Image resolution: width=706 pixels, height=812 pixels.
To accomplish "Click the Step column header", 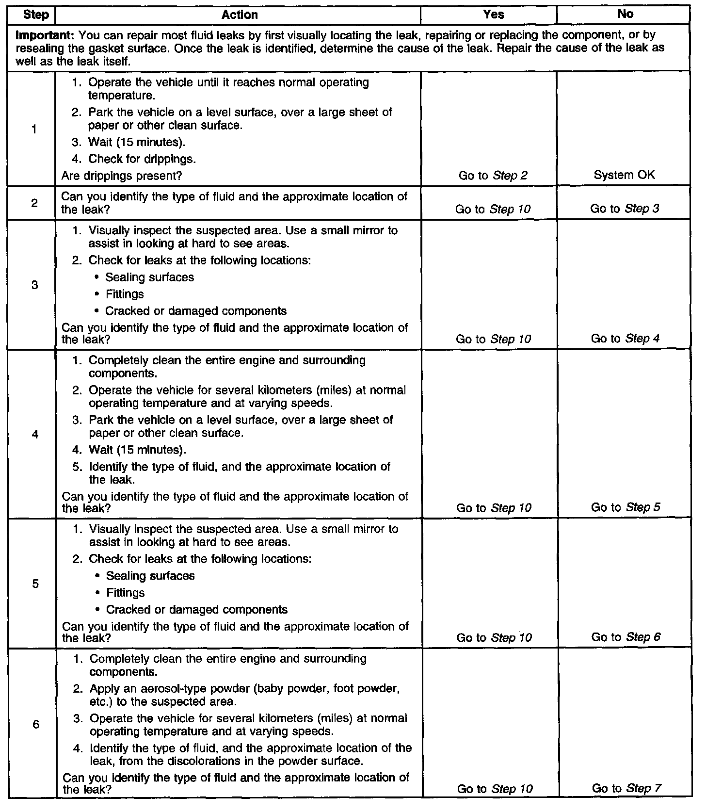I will click(x=36, y=15).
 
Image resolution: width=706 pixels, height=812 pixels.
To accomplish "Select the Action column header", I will click(x=240, y=15).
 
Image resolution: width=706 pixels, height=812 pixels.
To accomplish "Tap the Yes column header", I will click(x=493, y=15).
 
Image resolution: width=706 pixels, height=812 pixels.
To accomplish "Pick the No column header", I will click(x=625, y=14).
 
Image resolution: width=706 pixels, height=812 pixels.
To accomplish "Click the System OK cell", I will click(x=624, y=175).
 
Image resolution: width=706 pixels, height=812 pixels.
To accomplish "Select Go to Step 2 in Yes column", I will click(x=493, y=176).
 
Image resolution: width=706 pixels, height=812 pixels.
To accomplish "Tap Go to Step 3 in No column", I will click(x=625, y=209).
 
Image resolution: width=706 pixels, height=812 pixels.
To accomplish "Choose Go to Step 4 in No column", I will click(x=625, y=339).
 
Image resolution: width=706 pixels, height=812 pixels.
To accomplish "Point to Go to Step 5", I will click(x=626, y=507).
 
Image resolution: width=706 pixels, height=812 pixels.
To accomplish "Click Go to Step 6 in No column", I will click(x=626, y=637).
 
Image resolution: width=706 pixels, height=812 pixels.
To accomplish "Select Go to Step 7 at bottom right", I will click(x=626, y=789).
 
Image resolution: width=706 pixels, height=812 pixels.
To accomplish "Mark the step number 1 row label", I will click(x=34, y=130).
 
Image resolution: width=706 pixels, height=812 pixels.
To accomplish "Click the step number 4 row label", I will click(x=35, y=434).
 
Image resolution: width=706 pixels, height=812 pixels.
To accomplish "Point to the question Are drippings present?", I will click(x=122, y=176).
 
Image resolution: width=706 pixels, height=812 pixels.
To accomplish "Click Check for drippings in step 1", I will click(x=142, y=159).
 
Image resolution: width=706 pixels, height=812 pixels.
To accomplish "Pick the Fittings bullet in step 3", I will click(x=125, y=294).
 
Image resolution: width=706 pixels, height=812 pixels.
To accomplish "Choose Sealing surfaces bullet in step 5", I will click(x=150, y=576).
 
